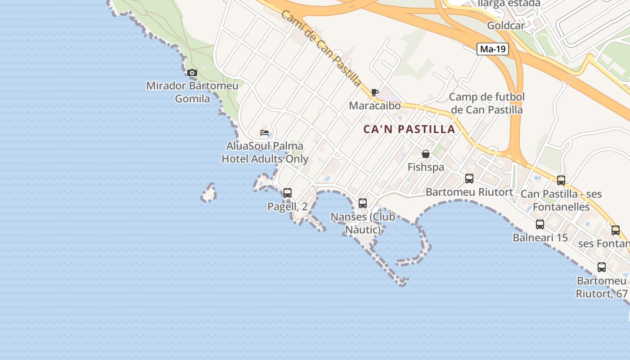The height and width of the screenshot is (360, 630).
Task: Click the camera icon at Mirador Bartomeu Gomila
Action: pyautogui.click(x=192, y=72)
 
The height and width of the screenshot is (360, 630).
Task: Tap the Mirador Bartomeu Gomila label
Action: pyautogui.click(x=193, y=92)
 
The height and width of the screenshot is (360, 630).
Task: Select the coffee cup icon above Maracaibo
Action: pyautogui.click(x=375, y=93)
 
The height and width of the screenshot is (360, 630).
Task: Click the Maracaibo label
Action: pyautogui.click(x=375, y=106)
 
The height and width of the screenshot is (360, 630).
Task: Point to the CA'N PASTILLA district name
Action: pyautogui.click(x=409, y=129)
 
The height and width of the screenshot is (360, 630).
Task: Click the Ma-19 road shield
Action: pyautogui.click(x=493, y=49)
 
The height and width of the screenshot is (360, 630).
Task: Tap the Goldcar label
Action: pyautogui.click(x=506, y=26)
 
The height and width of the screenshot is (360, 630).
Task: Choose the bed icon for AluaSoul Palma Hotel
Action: pyautogui.click(x=265, y=133)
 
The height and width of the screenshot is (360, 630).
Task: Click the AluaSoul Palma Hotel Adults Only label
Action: pyautogui.click(x=265, y=153)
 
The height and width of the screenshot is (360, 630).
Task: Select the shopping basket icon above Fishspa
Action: pyautogui.click(x=426, y=154)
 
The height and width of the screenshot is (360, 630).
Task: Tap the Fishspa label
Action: pyautogui.click(x=426, y=167)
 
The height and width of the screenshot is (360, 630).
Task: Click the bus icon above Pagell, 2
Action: pyautogui.click(x=288, y=193)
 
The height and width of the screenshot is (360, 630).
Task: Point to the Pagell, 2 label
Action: pyautogui.click(x=288, y=207)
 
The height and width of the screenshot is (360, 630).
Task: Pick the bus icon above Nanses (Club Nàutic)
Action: pyautogui.click(x=363, y=203)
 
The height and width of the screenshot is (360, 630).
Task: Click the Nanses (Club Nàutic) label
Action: pyautogui.click(x=363, y=223)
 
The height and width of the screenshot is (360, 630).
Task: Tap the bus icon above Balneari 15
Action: pyautogui.click(x=540, y=224)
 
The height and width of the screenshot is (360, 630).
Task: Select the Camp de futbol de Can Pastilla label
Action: pyautogui.click(x=487, y=103)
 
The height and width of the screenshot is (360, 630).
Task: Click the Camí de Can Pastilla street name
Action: pyautogui.click(x=321, y=49)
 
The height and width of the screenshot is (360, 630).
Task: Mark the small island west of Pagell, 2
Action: pyautogui.click(x=209, y=193)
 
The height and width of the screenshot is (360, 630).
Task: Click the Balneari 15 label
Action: pyautogui.click(x=540, y=237)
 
